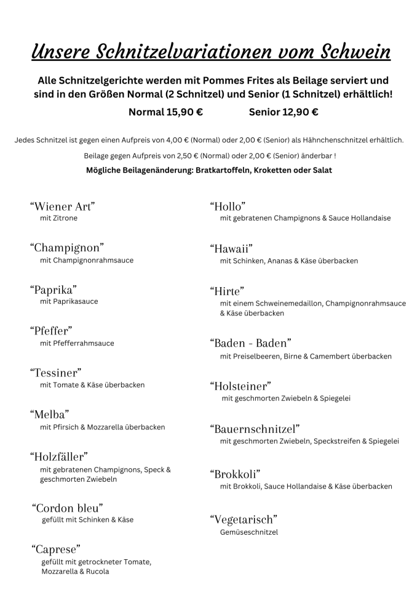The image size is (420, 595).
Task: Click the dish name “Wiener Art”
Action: coord(62,206)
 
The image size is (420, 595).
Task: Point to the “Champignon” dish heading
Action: coord(66,248)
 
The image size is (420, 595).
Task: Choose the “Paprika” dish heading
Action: coord(54,289)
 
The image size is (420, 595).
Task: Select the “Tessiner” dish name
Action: coord(56,372)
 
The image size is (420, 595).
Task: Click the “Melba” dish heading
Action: coord(49,414)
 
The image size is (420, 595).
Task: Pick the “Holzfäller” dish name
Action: coord(59,456)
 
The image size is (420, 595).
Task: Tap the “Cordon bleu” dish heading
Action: coord(67,508)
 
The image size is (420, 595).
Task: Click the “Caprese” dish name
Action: coord(56,549)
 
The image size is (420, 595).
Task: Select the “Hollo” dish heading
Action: coord(228,206)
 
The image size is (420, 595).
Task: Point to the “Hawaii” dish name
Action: coord(231,248)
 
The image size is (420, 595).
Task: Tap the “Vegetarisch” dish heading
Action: coord(244,519)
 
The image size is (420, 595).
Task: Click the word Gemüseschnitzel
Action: coord(248,532)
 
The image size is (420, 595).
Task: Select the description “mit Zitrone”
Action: coord(59,218)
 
